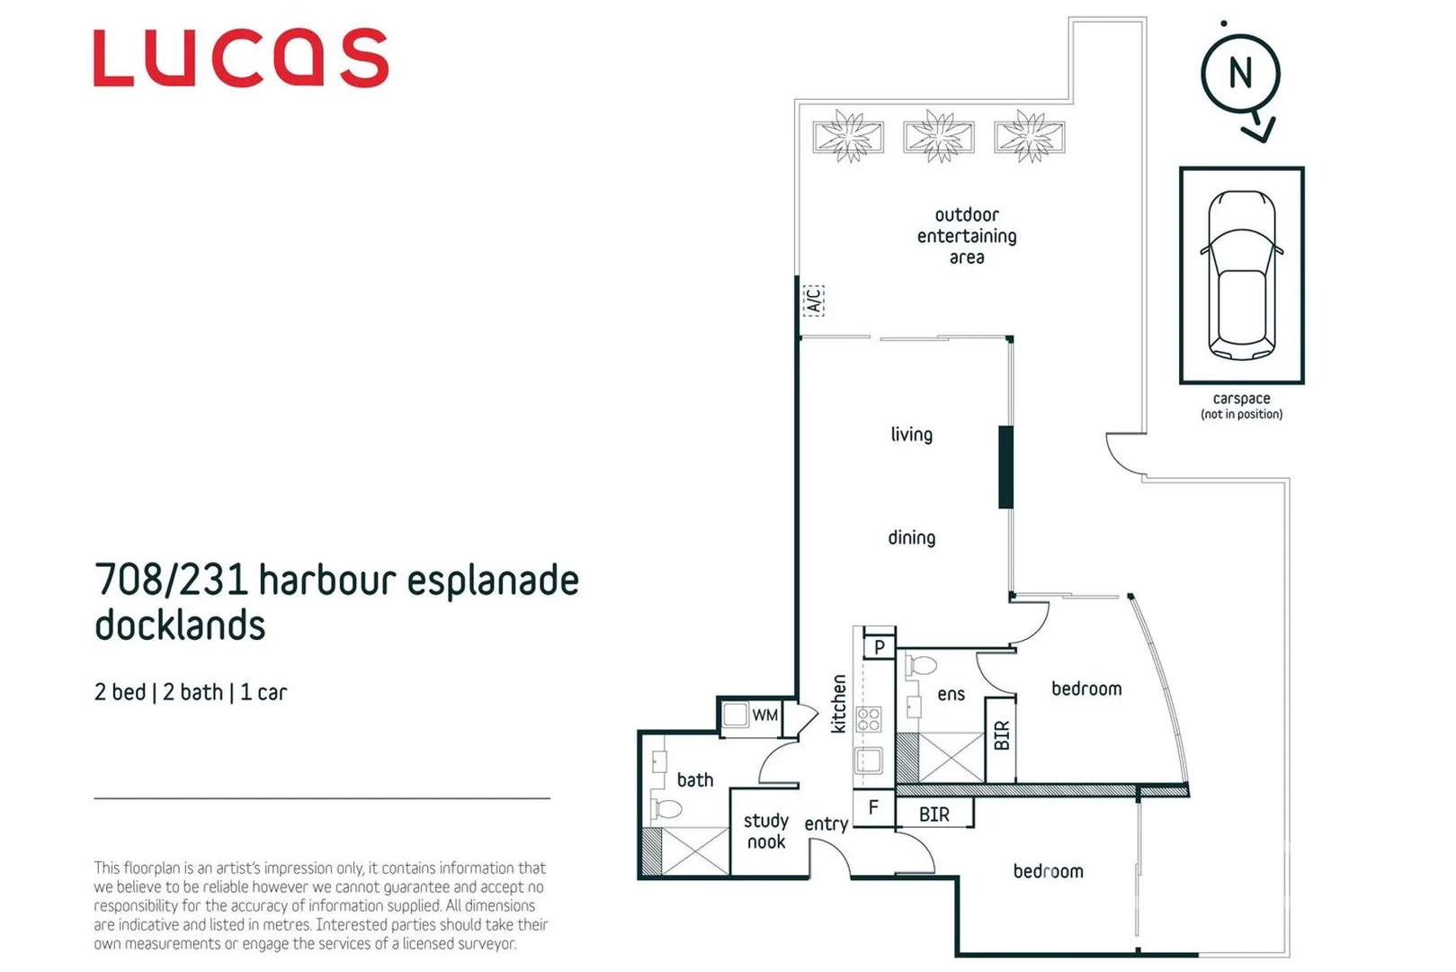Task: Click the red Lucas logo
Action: point(241,58)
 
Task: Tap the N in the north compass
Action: point(1240,73)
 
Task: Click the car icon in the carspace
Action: point(1241,274)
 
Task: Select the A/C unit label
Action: point(813,300)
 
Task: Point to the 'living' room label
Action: point(911,435)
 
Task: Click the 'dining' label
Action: point(911,538)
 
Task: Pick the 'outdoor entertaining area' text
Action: point(967,236)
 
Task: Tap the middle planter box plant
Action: point(938,137)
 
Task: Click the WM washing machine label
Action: point(764,715)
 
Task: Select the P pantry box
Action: point(880,647)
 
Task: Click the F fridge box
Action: point(872,808)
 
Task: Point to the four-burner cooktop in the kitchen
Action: point(869,719)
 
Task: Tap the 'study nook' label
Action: point(765,832)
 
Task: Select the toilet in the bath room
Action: point(666,809)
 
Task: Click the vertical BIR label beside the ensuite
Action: point(1001,736)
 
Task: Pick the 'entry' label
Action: point(826,824)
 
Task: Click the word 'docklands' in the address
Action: point(180,625)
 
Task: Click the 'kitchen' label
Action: point(839,704)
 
